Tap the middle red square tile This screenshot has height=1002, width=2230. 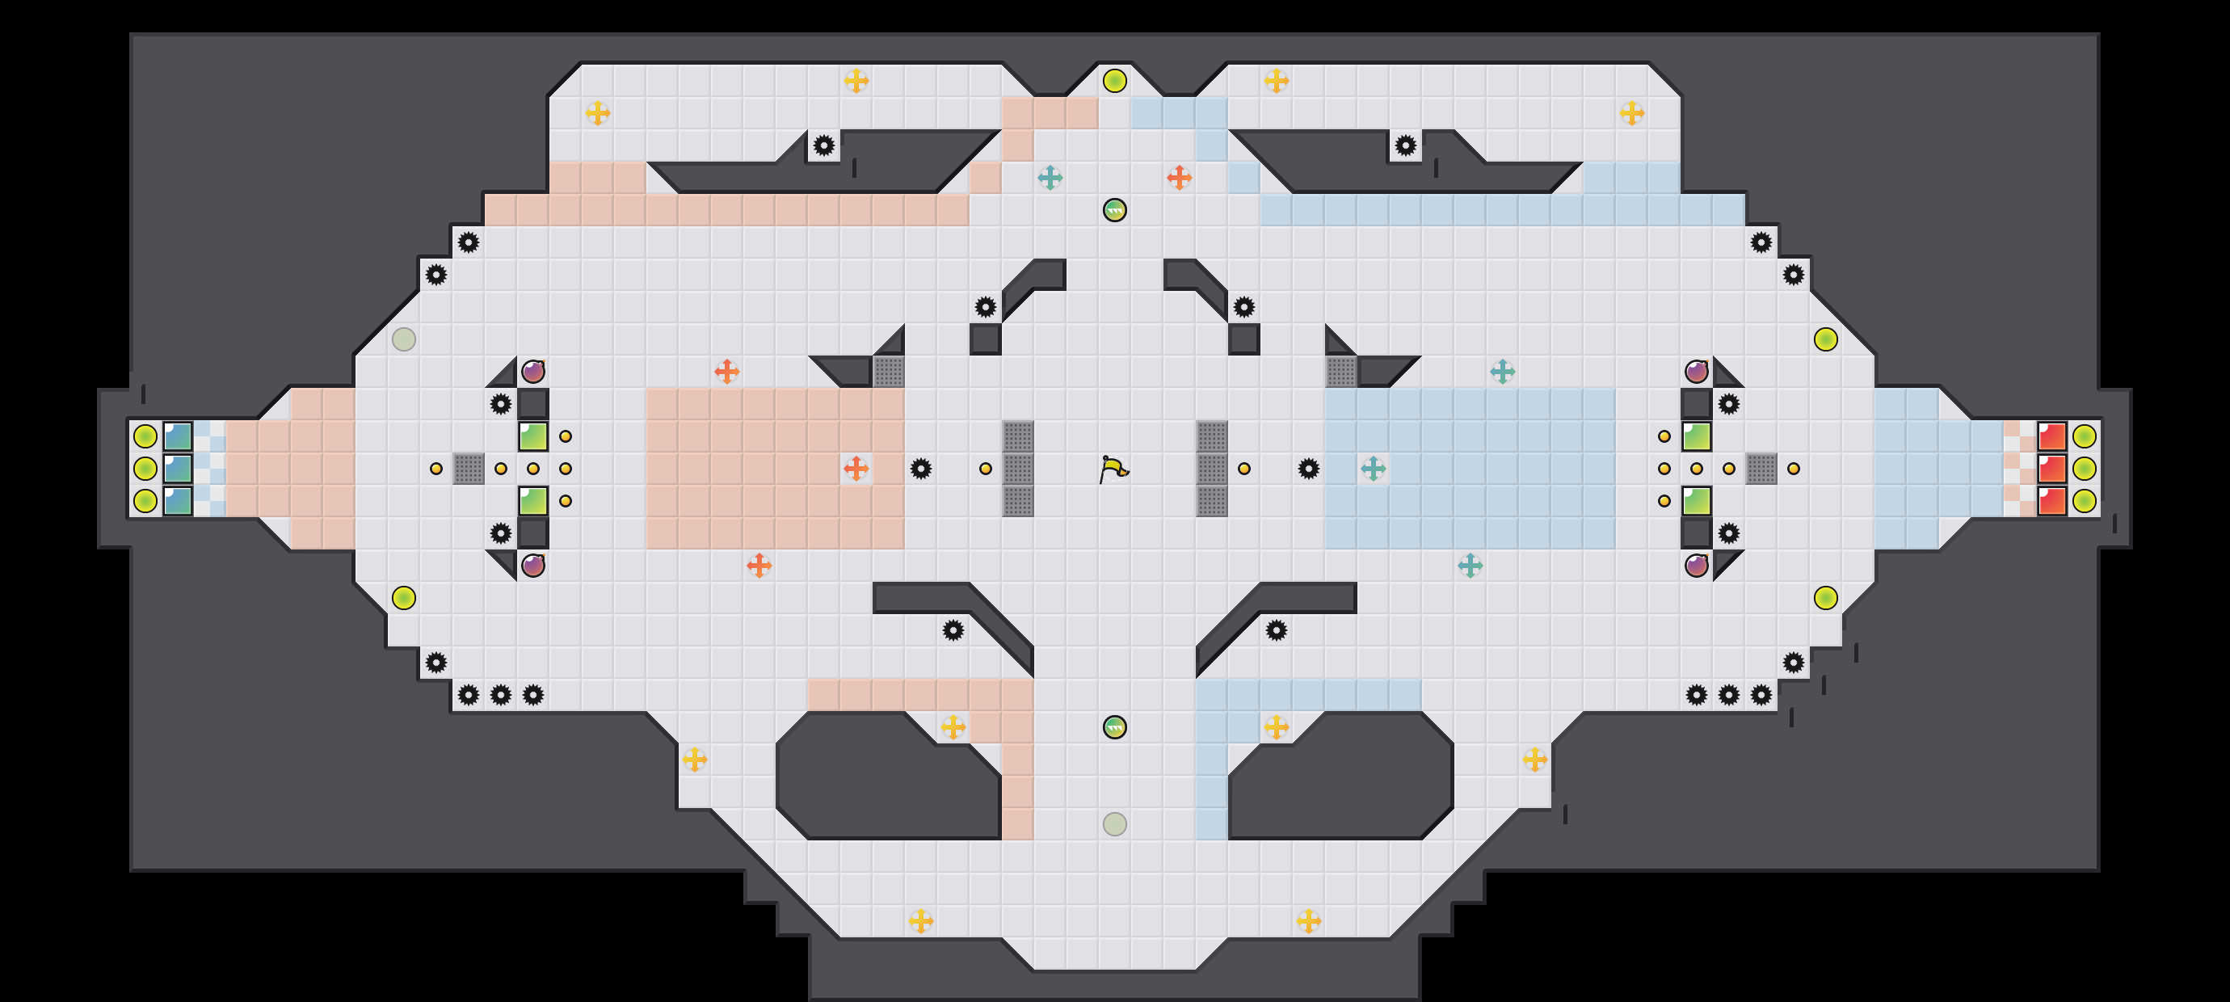point(2051,469)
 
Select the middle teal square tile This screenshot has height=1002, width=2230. point(178,469)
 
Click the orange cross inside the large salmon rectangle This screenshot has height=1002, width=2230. point(856,469)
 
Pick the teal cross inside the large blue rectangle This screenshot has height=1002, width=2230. point(1373,469)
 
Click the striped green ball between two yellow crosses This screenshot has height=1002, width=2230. point(1114,727)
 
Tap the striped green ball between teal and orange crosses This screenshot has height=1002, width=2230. point(1114,209)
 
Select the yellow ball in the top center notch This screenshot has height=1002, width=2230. point(1114,81)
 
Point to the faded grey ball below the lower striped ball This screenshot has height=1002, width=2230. point(1114,823)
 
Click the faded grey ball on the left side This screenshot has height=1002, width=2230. point(403,339)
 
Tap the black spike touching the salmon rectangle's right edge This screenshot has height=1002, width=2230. point(920,469)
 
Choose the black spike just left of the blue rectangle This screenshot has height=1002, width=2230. point(1308,469)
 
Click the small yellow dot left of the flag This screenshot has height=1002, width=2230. point(985,469)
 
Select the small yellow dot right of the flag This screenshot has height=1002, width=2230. point(1244,469)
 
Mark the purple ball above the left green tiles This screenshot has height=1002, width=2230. point(532,372)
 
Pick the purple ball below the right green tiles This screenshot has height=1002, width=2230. point(1696,566)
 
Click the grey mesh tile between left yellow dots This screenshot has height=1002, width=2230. point(469,469)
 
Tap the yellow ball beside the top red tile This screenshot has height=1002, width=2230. point(2084,436)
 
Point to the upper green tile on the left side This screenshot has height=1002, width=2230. point(532,436)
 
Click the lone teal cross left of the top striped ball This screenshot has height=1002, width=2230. point(1050,178)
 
